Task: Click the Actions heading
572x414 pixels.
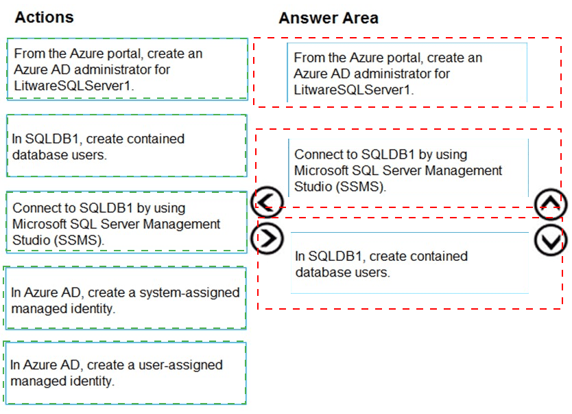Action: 44,17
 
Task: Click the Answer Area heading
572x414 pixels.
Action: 329,18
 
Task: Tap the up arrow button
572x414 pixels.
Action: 551,204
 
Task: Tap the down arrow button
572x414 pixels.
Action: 551,240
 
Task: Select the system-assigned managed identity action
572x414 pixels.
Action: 125,298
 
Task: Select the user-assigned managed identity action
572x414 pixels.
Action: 125,373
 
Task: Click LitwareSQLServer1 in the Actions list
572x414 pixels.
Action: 74,85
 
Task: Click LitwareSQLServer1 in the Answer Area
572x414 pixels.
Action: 354,89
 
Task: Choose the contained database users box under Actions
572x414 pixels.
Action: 127,146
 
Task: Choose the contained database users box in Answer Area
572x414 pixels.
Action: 409,263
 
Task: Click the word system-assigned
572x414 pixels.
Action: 189,292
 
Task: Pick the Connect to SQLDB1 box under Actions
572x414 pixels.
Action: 127,222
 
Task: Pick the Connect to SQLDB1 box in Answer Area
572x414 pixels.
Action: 409,168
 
